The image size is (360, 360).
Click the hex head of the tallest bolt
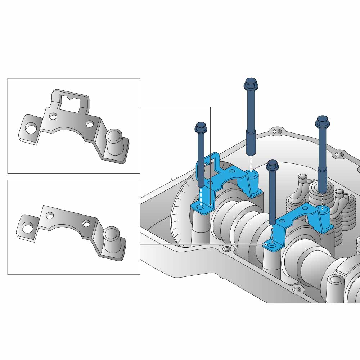(x=250, y=84)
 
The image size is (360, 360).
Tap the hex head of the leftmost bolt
(x=201, y=127)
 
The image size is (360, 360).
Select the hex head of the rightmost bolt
(x=322, y=121)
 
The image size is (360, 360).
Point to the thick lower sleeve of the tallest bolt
(x=250, y=142)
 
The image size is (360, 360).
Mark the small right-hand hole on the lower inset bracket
(x=86, y=223)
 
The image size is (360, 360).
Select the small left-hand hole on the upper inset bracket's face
(x=53, y=116)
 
